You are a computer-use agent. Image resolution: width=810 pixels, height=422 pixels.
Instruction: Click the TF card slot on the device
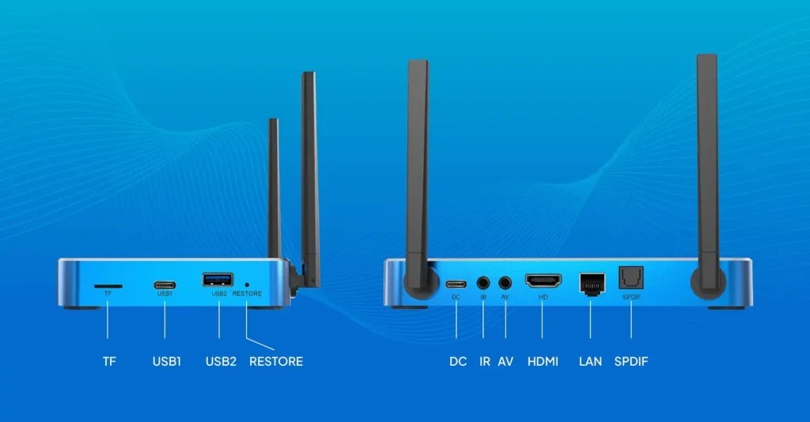[x=108, y=286]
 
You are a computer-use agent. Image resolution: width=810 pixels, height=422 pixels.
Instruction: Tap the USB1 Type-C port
[x=165, y=285]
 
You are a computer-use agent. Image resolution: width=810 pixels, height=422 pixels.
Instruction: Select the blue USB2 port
[x=218, y=280]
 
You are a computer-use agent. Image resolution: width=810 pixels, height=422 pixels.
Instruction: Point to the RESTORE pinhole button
[x=247, y=284]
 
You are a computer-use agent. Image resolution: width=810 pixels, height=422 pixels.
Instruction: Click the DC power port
[x=456, y=284]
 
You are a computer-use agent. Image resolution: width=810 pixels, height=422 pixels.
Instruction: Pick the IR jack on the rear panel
[x=483, y=283]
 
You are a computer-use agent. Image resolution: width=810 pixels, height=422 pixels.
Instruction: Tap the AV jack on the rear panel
[x=505, y=283]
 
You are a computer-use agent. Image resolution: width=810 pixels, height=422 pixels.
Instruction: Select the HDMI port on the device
[x=543, y=281]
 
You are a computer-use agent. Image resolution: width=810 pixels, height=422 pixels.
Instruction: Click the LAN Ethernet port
[x=592, y=284]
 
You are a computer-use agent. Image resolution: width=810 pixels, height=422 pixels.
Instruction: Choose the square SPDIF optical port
[x=630, y=277]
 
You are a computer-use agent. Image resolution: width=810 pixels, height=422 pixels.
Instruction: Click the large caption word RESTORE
[x=276, y=362]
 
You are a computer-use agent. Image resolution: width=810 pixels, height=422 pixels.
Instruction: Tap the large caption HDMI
[x=543, y=362]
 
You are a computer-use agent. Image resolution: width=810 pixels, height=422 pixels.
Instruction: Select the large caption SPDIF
[x=630, y=362]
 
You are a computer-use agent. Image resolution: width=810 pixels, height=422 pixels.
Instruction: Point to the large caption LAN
[x=590, y=362]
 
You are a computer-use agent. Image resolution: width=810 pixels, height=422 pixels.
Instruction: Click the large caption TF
[x=109, y=362]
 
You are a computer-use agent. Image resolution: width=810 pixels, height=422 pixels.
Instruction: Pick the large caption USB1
[x=167, y=362]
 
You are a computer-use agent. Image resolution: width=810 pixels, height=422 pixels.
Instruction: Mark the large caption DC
[x=458, y=362]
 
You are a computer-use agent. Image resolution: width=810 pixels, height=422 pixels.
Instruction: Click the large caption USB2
[x=221, y=362]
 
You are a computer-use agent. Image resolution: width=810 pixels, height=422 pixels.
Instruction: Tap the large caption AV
[x=505, y=362]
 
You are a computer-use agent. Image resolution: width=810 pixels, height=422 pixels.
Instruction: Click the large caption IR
[x=485, y=362]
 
